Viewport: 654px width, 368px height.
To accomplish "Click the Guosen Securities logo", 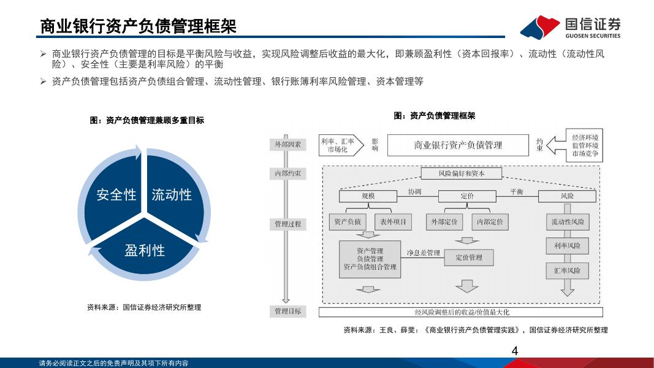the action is click(570, 27).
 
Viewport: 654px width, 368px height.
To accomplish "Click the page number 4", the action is click(514, 351).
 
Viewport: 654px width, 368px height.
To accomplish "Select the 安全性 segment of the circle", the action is click(116, 194).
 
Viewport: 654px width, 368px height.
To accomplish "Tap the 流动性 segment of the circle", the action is click(172, 194).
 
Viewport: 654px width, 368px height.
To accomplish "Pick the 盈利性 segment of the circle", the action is click(145, 250).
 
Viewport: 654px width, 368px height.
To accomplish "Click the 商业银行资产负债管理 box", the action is click(458, 145).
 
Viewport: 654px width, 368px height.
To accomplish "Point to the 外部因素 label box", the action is click(288, 145).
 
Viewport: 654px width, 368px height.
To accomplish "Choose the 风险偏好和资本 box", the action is click(462, 174).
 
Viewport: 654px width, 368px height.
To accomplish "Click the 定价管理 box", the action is click(469, 258).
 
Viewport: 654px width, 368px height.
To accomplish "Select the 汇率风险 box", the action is click(567, 270).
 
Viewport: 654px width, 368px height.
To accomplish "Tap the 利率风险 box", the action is click(567, 246).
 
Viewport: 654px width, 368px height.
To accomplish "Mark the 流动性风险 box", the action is click(568, 221).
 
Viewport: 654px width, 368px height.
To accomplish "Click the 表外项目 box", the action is click(393, 221).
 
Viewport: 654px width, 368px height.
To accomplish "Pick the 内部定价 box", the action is click(490, 221).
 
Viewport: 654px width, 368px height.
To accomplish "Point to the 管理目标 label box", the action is click(288, 311).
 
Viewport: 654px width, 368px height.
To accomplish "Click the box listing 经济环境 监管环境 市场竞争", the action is click(584, 145).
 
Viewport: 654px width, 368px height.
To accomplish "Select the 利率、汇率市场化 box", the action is click(337, 145).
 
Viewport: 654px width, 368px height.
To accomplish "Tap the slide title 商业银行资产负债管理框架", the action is click(138, 26).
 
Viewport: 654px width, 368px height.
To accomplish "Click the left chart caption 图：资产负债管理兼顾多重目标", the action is click(147, 121).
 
